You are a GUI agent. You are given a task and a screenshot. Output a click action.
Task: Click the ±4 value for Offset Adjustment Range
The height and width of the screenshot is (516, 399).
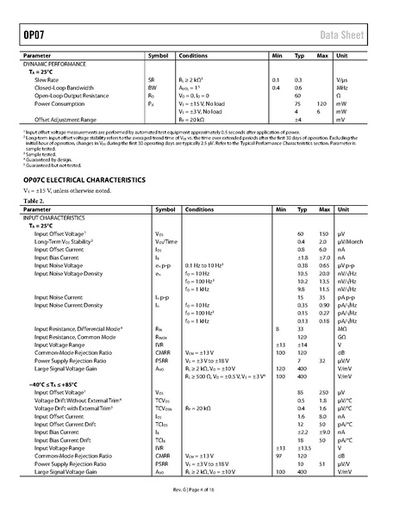pyautogui.click(x=299, y=118)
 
